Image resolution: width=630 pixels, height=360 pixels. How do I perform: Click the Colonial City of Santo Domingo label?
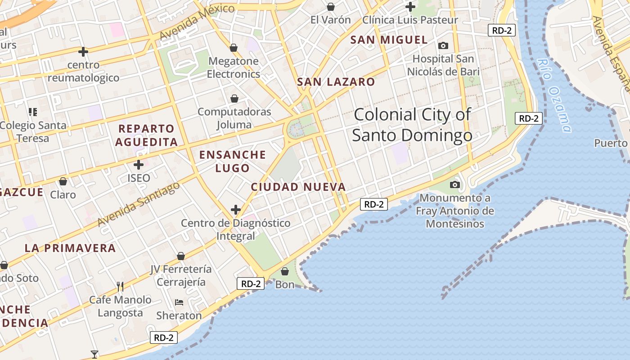[412, 125]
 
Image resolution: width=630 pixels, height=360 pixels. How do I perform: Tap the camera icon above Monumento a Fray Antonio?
[455, 184]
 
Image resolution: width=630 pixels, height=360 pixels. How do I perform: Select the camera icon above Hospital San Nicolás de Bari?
[443, 45]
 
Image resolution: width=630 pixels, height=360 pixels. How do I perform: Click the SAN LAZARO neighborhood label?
[336, 82]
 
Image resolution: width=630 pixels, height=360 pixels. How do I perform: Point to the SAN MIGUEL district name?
[389, 40]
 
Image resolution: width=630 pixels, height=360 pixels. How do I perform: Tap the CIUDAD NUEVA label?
[298, 187]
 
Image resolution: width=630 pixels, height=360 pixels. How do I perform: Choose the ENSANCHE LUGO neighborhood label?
[233, 161]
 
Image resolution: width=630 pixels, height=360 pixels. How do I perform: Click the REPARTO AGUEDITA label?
[146, 135]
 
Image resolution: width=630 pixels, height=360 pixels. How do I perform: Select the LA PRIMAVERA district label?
[70, 248]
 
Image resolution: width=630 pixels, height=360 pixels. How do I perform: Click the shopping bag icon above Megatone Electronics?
[234, 48]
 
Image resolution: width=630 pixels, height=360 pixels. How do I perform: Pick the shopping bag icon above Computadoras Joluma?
[234, 99]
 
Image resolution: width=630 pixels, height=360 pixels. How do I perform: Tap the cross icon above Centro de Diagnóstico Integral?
[236, 210]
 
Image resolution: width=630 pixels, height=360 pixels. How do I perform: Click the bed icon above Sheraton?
[179, 302]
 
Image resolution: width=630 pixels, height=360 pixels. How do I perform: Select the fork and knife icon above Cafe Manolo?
[120, 286]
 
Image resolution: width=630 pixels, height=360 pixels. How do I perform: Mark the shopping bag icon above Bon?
[284, 271]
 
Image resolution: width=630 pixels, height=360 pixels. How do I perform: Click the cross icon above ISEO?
[139, 165]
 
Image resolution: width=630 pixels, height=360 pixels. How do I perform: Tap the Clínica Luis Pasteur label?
[410, 20]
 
